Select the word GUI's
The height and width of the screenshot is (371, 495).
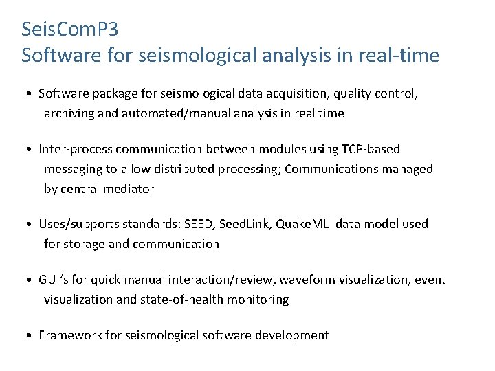pos(54,280)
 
